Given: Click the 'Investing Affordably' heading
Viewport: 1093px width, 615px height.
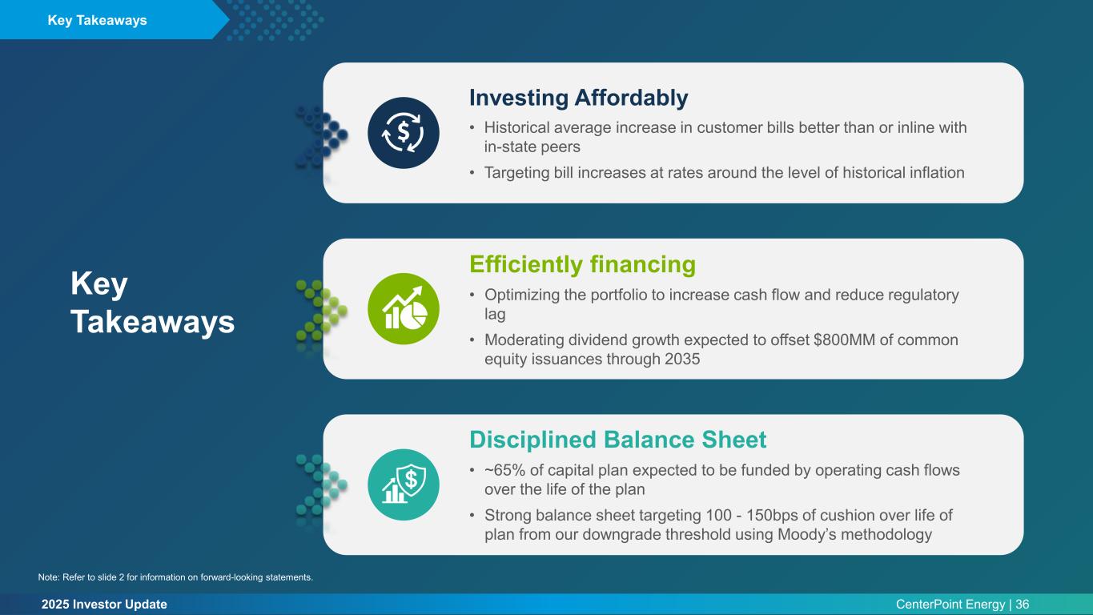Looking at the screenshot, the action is point(578,98).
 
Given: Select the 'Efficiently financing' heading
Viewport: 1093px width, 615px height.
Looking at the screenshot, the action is point(582,264).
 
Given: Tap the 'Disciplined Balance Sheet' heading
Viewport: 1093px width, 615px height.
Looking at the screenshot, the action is point(617,440).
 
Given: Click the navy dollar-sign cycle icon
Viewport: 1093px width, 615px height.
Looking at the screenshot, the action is point(404,133).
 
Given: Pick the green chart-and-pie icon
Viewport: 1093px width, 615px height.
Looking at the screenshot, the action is point(404,309).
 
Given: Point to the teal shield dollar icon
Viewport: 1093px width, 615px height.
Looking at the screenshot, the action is point(404,484).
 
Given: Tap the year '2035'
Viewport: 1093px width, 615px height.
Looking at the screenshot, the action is point(682,360).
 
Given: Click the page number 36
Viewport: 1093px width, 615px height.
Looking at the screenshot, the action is point(1023,605).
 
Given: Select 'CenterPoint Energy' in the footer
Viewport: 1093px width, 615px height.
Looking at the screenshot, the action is point(950,605).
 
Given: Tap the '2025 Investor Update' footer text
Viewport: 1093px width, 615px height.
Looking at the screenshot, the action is point(104,605).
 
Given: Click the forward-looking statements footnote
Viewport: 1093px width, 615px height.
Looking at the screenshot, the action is point(175,577).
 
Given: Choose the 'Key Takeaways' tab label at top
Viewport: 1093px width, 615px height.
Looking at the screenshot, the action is point(97,20).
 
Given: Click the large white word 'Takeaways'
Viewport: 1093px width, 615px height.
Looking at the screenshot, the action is point(153,323).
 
